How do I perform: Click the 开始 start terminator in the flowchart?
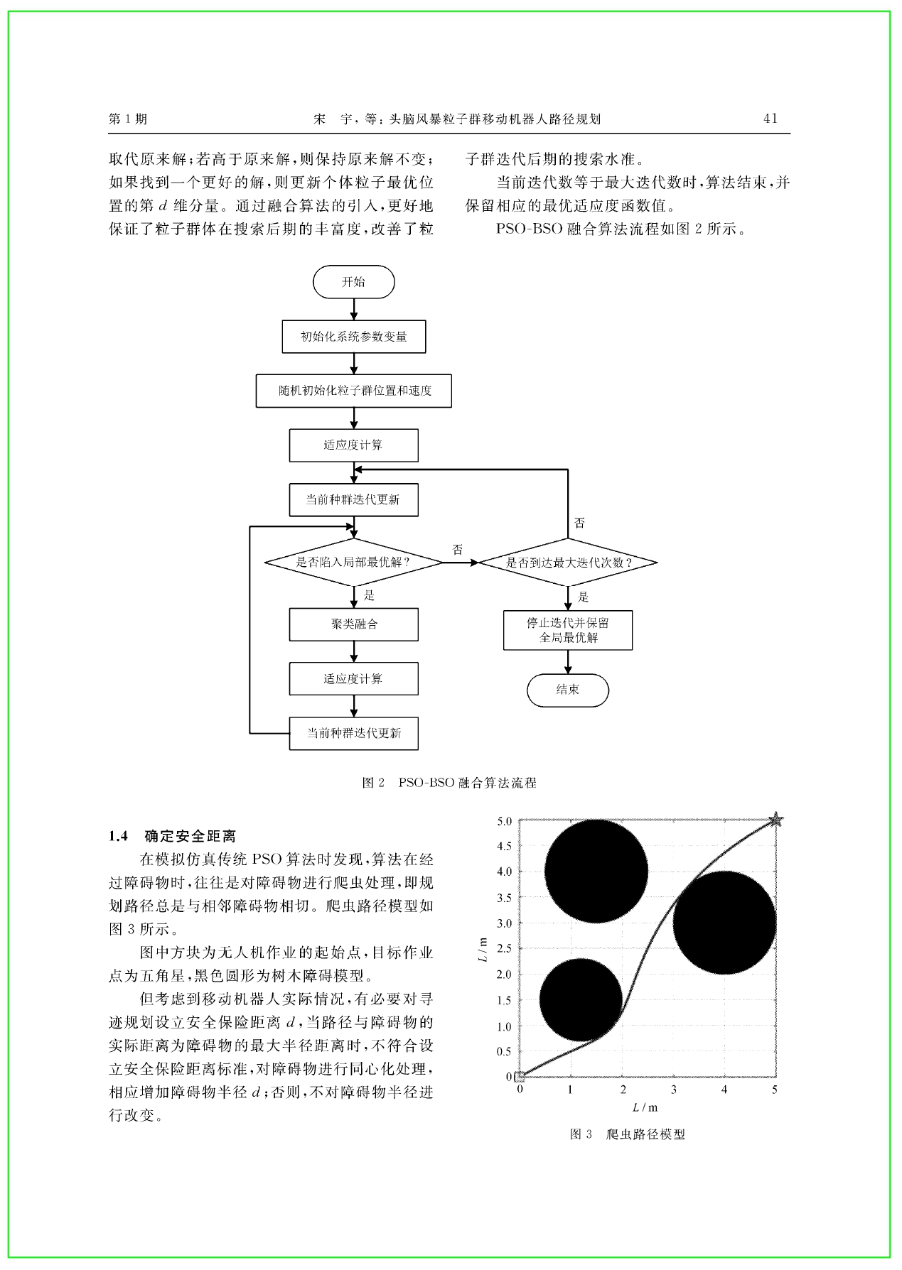point(353,282)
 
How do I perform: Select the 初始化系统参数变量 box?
point(353,337)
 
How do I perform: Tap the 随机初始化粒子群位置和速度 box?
point(353,391)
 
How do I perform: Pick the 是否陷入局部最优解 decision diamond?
point(353,562)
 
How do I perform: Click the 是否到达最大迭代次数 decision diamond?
point(568,563)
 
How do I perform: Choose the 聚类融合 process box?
point(353,624)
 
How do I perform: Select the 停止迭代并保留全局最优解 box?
point(568,630)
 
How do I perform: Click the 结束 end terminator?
point(568,690)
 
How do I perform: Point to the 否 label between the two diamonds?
point(458,550)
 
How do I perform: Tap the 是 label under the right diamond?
point(584,597)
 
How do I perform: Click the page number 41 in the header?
point(771,119)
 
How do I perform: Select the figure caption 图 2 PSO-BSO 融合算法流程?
point(449,783)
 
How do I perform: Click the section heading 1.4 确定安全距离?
point(172,836)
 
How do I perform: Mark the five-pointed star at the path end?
point(775,820)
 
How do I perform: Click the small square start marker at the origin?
point(520,1077)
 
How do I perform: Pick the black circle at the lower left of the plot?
point(581,999)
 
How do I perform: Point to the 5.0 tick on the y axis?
point(504,821)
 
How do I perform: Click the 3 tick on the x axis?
point(674,1090)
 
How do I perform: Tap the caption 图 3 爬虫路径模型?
point(628,1134)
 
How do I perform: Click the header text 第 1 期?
point(128,119)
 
